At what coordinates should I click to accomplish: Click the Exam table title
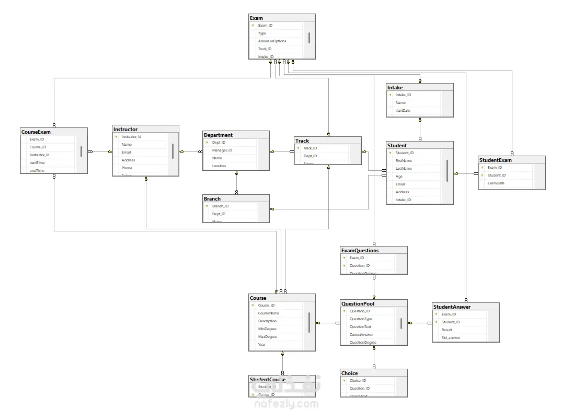pos(257,18)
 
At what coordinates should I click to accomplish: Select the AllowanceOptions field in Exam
pos(272,41)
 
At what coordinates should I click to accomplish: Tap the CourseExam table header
pos(36,132)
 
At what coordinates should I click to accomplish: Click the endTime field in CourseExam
pos(37,170)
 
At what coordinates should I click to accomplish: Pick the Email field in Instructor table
pos(127,152)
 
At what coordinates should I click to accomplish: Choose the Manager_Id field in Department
pos(222,150)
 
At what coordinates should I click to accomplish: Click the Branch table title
pos(212,198)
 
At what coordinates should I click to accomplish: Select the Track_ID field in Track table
pos(310,148)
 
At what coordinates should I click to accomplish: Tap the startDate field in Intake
pos(403,110)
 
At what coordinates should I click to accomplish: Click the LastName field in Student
pos(404,168)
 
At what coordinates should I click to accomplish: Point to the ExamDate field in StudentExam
pos(496,183)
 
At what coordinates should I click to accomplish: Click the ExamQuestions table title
pos(360,250)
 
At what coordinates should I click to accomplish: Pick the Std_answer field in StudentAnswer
pos(450,337)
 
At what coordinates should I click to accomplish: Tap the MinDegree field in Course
pos(267,329)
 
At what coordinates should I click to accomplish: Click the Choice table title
pos(349,373)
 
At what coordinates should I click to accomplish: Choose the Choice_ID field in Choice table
pos(358,380)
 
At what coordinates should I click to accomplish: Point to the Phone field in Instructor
pos(127,168)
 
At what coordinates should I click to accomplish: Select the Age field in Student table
pos(399,176)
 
